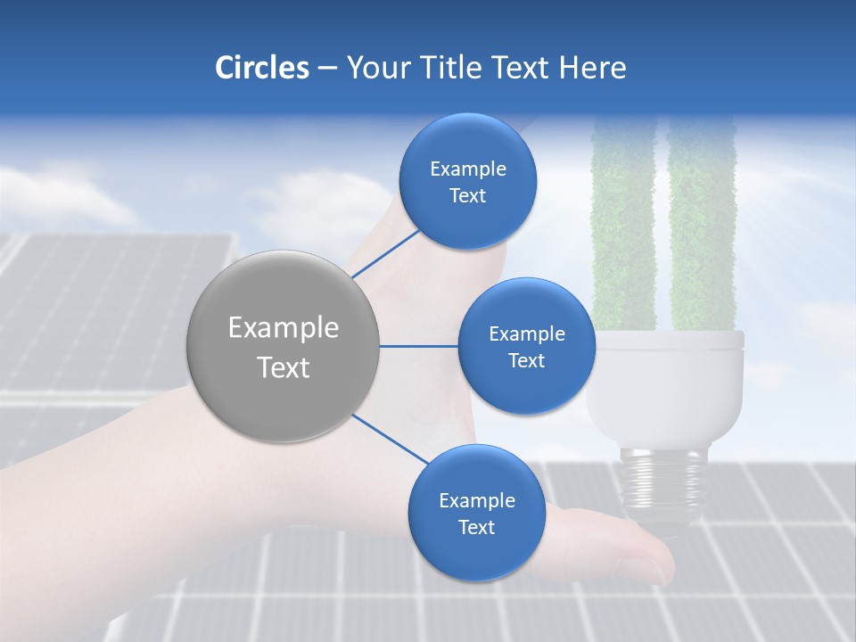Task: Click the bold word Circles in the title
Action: point(261,68)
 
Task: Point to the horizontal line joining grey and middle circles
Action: point(418,346)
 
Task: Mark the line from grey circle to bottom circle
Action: point(391,439)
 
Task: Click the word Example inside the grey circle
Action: point(284,328)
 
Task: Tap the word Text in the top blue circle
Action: point(467,196)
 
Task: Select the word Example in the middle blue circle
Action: point(527,334)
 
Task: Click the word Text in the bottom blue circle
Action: point(476,528)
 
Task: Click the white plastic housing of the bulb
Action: point(665,383)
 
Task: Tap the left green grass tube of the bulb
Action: point(624,223)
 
